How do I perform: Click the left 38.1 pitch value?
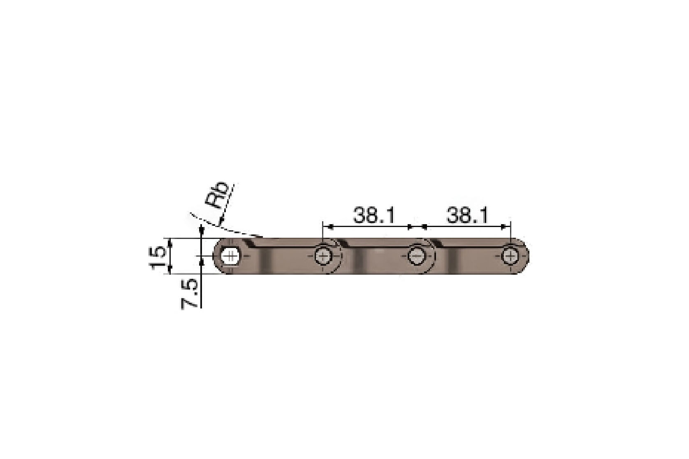pos(373,215)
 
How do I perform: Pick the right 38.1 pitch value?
pos(467,215)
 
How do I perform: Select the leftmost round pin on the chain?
pos(323,256)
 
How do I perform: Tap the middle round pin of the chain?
pos(416,256)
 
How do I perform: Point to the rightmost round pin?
pos(510,256)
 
